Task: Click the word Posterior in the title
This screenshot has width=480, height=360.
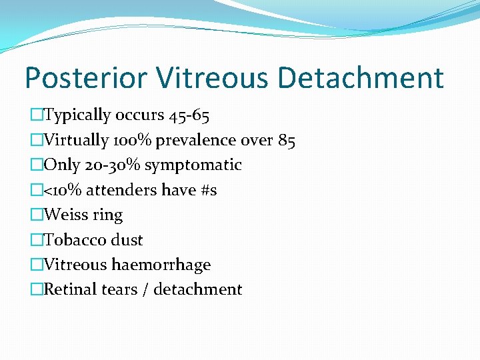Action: click(x=85, y=78)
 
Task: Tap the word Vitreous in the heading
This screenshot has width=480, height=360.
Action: click(x=211, y=78)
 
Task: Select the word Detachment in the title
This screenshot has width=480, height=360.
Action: click(x=361, y=78)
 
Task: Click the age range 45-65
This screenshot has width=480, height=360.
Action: click(x=189, y=115)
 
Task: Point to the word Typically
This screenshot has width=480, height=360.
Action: click(x=77, y=115)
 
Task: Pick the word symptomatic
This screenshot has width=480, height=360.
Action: click(x=193, y=165)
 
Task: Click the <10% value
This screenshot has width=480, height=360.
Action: click(x=61, y=190)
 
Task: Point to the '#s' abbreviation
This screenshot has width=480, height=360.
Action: click(x=208, y=190)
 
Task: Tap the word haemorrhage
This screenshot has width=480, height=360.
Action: click(x=161, y=265)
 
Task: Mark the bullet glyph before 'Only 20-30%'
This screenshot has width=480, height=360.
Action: click(x=36, y=165)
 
